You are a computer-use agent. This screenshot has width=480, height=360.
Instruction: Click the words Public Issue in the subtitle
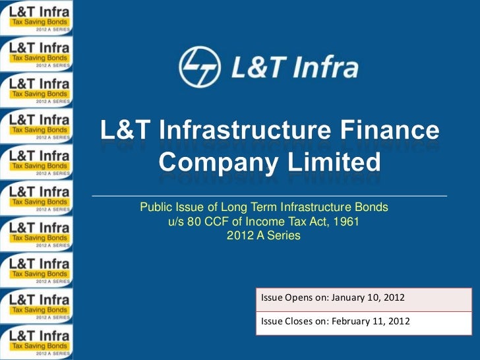(167, 208)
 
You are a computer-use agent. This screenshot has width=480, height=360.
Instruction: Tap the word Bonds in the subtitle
(371, 208)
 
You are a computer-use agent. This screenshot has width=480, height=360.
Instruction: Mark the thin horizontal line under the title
(269, 196)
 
